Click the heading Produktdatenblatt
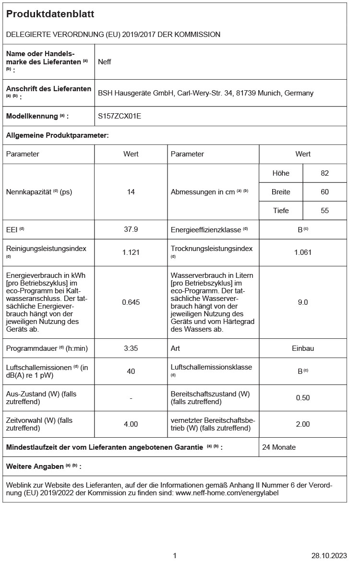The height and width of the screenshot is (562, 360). tap(50, 14)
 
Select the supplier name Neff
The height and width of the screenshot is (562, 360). tap(105, 62)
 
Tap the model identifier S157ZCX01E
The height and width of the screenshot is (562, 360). tap(120, 116)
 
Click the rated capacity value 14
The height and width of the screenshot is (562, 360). tap(131, 192)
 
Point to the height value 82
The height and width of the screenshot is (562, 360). tap(324, 173)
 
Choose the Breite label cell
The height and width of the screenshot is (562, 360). tap(281, 192)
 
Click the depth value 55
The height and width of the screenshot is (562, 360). tap(324, 211)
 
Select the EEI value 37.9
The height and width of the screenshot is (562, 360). tap(131, 229)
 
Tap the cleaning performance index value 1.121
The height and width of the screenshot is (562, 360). tap(131, 252)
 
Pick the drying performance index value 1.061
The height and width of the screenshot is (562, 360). tap(303, 252)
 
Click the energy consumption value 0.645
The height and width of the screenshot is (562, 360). tap(131, 302)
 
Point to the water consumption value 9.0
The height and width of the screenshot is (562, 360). tap(303, 302)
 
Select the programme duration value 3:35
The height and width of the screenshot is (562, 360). tap(131, 348)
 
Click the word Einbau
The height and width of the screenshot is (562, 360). tap(303, 348)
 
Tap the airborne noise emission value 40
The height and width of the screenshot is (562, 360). tap(131, 371)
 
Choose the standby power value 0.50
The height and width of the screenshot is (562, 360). tap(303, 398)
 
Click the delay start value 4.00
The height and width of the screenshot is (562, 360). tap(131, 424)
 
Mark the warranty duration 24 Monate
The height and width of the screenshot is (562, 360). tap(279, 447)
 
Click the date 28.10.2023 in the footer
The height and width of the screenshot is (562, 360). tap(329, 555)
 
